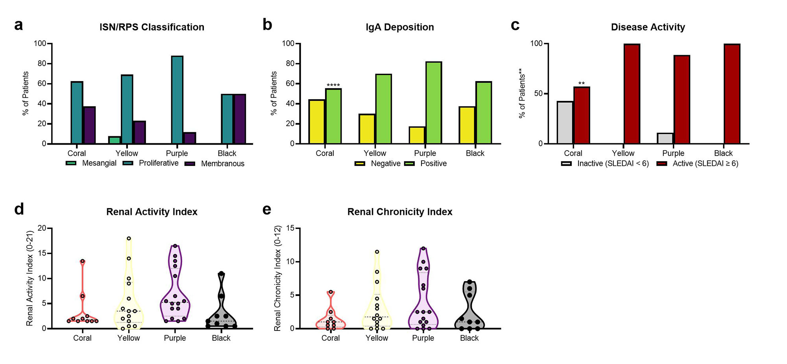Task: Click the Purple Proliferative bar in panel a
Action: [x=177, y=100]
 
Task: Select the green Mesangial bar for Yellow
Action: [x=115, y=140]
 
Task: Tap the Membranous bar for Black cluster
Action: [x=240, y=119]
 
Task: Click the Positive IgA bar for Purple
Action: [x=433, y=103]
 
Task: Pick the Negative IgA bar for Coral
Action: [x=317, y=122]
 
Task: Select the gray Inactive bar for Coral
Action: [x=565, y=123]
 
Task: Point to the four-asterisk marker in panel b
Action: [x=333, y=85]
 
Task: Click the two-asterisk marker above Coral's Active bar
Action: [x=581, y=84]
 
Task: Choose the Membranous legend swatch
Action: [x=190, y=163]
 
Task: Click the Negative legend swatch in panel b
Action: [x=360, y=163]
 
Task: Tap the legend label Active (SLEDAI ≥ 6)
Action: [x=705, y=163]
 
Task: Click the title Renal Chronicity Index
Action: [x=400, y=212]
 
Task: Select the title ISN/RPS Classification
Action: [x=152, y=27]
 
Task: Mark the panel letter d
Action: [x=19, y=209]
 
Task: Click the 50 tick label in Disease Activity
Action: [x=538, y=94]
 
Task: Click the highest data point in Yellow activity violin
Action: [x=129, y=238]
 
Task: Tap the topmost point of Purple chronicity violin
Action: [x=423, y=249]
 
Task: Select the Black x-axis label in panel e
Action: [x=469, y=338]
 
